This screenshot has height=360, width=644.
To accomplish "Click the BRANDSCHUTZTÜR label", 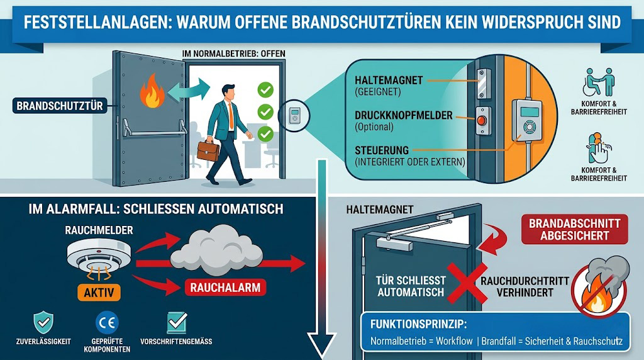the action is tap(60, 106).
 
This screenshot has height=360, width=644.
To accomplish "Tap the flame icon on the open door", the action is tap(152, 91).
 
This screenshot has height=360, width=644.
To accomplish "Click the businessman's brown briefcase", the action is tap(208, 151).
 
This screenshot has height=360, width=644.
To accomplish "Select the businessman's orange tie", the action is tap(231, 115).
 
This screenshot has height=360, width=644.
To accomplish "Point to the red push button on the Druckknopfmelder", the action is tap(482, 121).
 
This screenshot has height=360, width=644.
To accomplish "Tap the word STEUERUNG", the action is tap(382, 150).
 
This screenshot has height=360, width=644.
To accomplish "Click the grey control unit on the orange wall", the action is tap(528, 121).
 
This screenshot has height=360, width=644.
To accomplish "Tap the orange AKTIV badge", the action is tap(99, 292).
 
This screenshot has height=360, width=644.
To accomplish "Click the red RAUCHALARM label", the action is tap(226, 287).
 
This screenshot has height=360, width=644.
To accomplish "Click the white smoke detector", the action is tap(99, 255).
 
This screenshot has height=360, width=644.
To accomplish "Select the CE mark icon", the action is tap(107, 322).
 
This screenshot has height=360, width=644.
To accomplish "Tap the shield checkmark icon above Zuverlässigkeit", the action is tap(43, 322).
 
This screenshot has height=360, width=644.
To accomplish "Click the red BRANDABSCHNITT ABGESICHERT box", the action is tap(574, 229).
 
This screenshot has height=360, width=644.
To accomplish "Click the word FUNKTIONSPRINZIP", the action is tap(418, 324).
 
